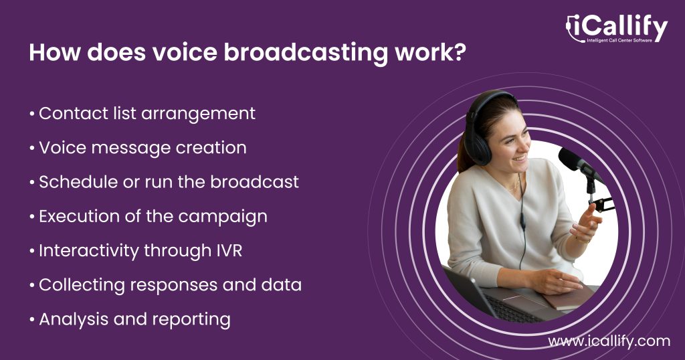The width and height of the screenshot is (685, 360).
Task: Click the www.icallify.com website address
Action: pyautogui.click(x=609, y=341)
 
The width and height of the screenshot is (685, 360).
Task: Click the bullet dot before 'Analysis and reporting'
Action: pyautogui.click(x=32, y=320)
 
